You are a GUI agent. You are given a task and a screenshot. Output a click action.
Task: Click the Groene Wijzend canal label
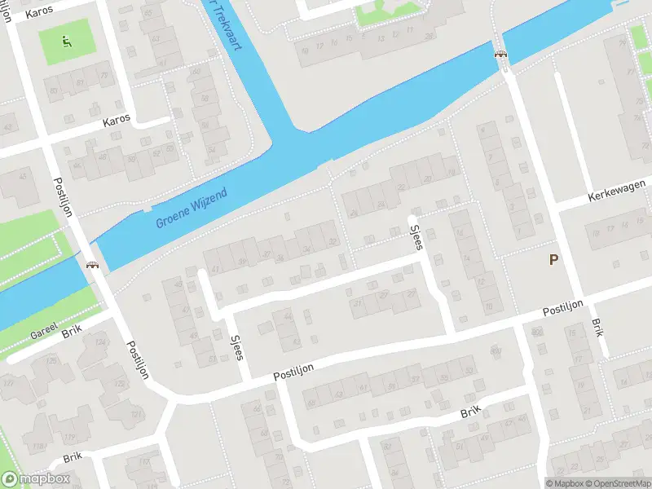point(192,209)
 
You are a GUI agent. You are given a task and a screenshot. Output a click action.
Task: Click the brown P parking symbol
point(553,260)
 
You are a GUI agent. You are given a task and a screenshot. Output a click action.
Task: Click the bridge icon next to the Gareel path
point(92,264)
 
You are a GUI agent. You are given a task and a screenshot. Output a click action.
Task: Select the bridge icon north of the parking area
point(500,54)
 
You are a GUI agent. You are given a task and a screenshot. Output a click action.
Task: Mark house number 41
point(216,269)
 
